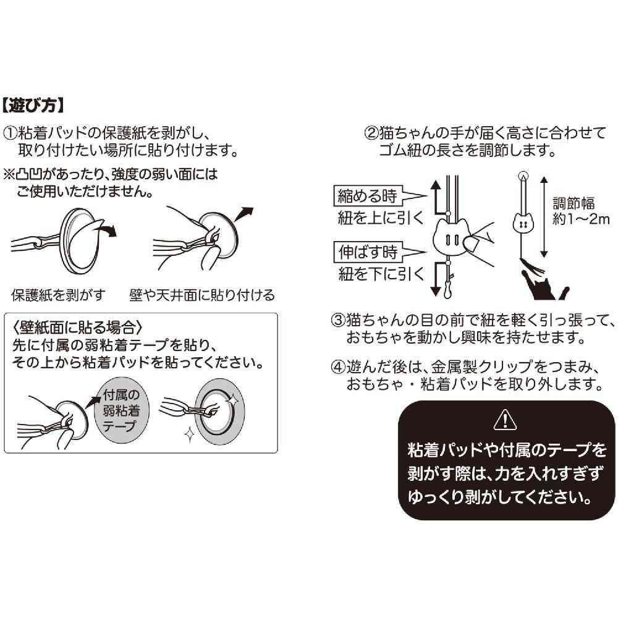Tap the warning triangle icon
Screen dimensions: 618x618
tap(506, 420)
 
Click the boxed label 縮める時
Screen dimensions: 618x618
tap(367, 196)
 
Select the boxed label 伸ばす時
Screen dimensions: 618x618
tap(367, 252)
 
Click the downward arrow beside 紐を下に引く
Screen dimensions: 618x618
tap(435, 279)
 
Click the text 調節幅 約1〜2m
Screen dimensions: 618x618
tap(580, 211)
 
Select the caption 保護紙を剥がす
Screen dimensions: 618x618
tap(59, 294)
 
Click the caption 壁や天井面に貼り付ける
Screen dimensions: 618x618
tap(202, 294)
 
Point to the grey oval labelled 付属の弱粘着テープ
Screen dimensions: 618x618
tap(122, 410)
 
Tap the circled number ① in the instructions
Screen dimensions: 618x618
tap(10, 133)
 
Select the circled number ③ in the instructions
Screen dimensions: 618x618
tap(338, 320)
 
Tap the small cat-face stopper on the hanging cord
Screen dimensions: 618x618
tap(523, 221)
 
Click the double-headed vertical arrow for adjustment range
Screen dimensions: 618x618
tap(544, 216)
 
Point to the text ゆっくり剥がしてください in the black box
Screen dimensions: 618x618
tap(501, 497)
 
